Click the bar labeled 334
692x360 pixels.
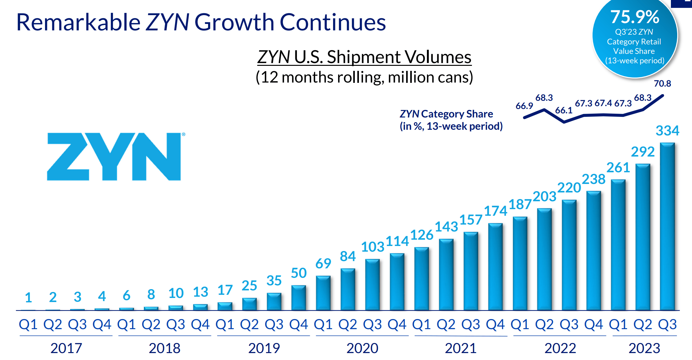[667, 227]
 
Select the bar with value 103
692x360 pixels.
[372, 285]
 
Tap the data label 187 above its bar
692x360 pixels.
[520, 204]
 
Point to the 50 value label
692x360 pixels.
[298, 273]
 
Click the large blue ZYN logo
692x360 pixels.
[114, 157]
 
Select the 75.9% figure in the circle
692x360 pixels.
[634, 17]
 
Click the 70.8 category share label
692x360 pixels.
[662, 83]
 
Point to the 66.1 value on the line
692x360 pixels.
[564, 110]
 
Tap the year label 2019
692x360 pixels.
[264, 348]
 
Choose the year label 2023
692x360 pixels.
[644, 348]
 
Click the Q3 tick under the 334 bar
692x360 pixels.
[667, 324]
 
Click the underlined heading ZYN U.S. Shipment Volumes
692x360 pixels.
[364, 57]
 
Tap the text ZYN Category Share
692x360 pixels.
[446, 114]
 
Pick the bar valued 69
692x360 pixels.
[323, 293]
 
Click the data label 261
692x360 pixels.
[618, 168]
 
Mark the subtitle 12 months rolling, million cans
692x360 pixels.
[364, 77]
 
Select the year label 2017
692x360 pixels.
[66, 348]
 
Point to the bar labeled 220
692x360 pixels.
[569, 255]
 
